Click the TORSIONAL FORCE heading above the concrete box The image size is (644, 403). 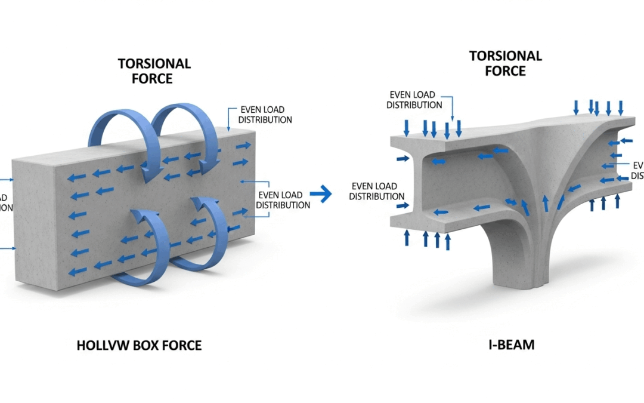tap(154, 71)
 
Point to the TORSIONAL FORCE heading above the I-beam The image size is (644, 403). tap(506, 63)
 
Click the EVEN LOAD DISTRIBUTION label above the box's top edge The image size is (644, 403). tap(265, 115)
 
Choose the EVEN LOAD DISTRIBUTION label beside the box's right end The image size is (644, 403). tap(283, 200)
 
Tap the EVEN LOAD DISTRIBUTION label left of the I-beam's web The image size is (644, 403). tap(377, 191)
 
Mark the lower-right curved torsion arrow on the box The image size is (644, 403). tap(203, 239)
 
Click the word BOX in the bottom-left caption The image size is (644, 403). tap(146, 345)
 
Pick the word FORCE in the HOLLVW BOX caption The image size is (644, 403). tap(181, 345)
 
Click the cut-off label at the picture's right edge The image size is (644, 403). tap(637, 170)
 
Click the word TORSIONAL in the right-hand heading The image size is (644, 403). tap(506, 56)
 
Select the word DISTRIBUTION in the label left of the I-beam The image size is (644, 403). tap(377, 196)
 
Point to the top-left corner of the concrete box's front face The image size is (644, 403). tap(55, 168)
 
